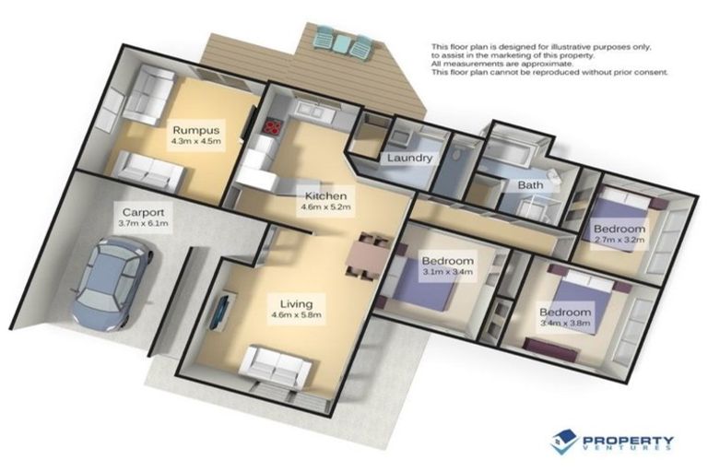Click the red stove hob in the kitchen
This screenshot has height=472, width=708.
[x=273, y=129]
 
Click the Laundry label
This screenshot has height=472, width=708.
[x=409, y=158]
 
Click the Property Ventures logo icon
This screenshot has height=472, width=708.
[x=563, y=442]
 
